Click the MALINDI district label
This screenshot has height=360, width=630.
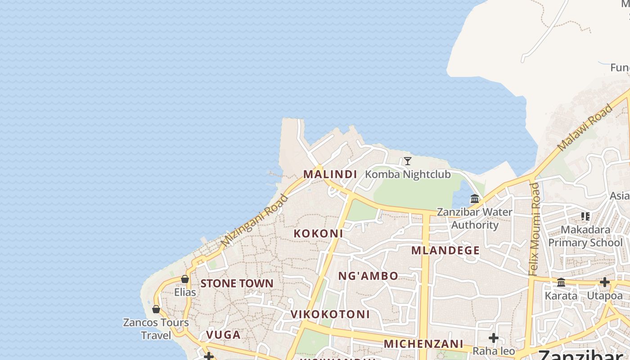330,174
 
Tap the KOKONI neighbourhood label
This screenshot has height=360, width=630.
318,234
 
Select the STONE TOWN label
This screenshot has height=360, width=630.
237,283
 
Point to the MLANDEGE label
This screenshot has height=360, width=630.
445,251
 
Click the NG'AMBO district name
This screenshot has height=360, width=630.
368,276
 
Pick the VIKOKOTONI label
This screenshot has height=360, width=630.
330,314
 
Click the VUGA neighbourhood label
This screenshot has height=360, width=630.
223,335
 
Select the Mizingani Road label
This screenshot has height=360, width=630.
255,220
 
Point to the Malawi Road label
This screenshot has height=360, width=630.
585,127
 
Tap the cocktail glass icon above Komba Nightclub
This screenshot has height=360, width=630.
407,161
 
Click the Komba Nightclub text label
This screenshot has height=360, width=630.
408,174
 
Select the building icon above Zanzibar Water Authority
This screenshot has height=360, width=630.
475,198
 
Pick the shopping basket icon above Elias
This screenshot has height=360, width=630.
184,279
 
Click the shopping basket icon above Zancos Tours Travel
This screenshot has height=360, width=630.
156,309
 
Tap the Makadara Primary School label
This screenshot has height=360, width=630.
585,236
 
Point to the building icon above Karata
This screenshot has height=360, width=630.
561,283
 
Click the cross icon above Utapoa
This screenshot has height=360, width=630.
604,283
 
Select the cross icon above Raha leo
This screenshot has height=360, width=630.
494,338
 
